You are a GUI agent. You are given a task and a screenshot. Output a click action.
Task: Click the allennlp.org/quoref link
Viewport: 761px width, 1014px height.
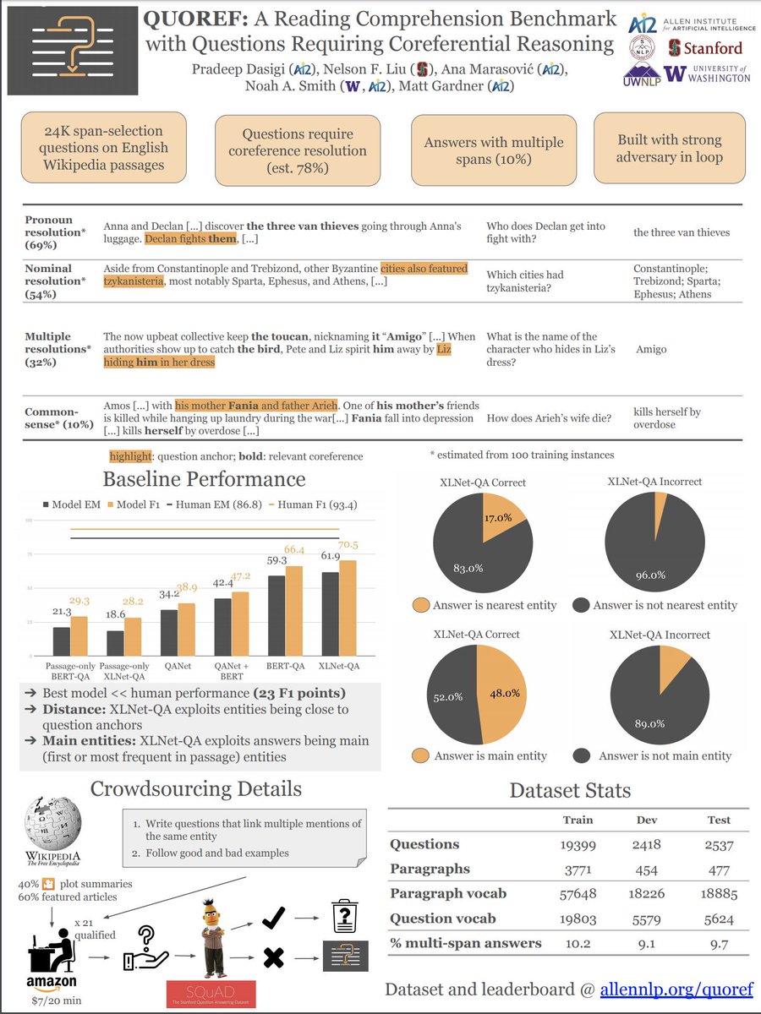[x=676, y=989]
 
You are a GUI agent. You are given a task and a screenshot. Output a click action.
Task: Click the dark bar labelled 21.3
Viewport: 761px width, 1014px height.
[x=61, y=641]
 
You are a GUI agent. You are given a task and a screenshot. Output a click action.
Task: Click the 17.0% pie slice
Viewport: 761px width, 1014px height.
[x=499, y=521]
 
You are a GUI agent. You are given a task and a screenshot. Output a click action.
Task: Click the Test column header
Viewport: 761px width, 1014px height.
[x=719, y=820]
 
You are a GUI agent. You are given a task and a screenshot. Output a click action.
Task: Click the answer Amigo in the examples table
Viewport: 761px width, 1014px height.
[x=651, y=349]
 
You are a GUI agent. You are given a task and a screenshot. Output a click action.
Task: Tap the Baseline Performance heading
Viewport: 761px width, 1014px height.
[x=204, y=480]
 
